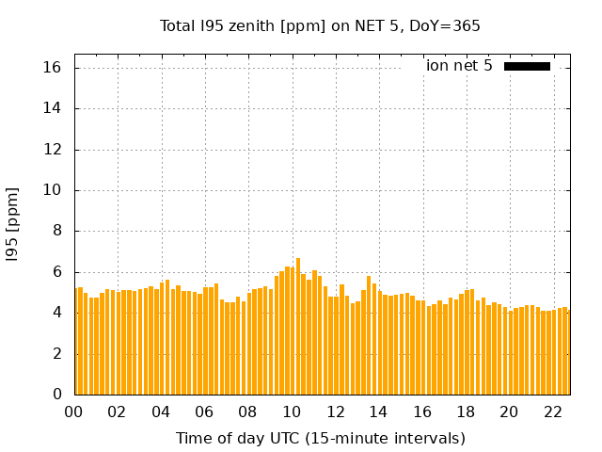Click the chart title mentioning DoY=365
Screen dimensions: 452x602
tap(320, 25)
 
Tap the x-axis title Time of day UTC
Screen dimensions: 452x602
tap(320, 438)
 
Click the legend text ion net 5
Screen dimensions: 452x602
tap(459, 66)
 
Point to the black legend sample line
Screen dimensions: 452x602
tap(527, 66)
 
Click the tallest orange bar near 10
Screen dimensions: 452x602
tap(298, 326)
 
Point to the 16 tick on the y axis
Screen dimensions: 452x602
tap(52, 68)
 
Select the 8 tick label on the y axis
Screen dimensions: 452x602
tap(56, 231)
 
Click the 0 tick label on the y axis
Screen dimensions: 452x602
tap(56, 395)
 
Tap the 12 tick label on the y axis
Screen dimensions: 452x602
tap(52, 150)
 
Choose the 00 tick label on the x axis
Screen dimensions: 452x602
tap(74, 412)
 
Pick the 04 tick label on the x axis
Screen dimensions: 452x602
tap(161, 412)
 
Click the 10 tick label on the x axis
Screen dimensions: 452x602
tap(292, 412)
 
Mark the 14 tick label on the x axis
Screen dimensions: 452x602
tap(378, 412)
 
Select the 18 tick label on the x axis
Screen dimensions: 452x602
tap(466, 412)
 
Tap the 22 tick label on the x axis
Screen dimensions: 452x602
tap(552, 412)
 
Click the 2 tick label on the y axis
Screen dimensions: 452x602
tap(56, 354)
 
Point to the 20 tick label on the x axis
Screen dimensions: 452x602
tap(509, 412)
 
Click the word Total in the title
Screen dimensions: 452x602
tap(178, 25)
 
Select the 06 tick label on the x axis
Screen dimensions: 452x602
tap(204, 412)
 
